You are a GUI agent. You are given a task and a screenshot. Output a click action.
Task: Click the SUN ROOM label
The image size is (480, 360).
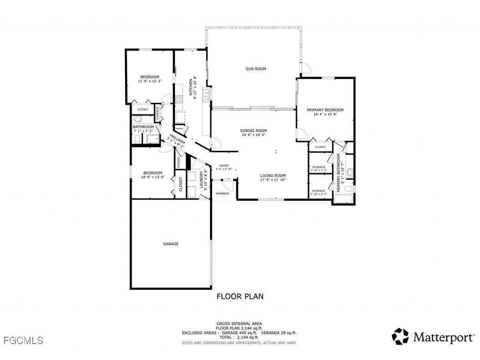tap(255, 69)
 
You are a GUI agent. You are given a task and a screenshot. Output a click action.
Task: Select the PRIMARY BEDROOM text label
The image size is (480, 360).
tap(325, 110)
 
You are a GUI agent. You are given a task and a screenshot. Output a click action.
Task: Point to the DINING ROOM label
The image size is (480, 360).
tap(253, 131)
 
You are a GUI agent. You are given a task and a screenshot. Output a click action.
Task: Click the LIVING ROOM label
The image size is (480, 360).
tap(273, 175)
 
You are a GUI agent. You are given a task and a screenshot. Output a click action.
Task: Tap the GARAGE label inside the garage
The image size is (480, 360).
tap(171, 244)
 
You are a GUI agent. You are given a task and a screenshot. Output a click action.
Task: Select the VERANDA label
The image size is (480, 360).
tap(222, 194)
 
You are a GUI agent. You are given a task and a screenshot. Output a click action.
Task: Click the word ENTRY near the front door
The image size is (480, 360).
tap(224, 166)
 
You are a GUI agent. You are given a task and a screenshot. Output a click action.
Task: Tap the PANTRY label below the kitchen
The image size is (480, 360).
tap(179, 129)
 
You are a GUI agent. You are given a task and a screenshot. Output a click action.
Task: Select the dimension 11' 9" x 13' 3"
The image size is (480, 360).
tap(150, 81)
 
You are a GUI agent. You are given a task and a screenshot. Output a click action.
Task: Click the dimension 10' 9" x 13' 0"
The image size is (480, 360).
tap(153, 177)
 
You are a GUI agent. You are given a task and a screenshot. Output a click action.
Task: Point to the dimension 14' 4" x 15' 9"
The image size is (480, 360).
tap(325, 114)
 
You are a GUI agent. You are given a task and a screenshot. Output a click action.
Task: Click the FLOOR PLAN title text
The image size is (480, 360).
tap(240, 297)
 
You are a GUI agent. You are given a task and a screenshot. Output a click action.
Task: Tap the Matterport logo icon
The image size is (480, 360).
tap(401, 336)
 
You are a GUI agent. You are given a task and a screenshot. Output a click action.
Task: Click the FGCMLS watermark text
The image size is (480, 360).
tap(22, 340)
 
